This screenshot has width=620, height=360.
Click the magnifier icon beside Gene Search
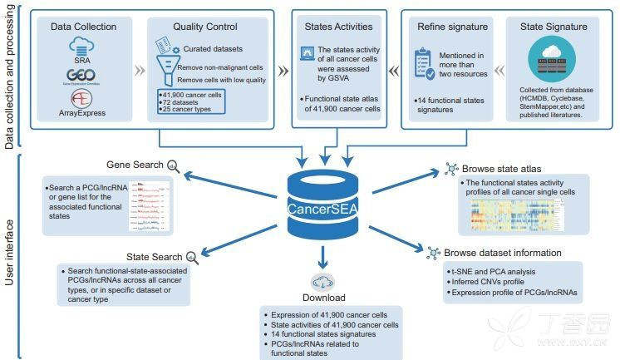(173, 165)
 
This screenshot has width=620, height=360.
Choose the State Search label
(154, 256)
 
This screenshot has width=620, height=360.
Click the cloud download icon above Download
(322, 281)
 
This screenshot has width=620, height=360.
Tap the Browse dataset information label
(502, 253)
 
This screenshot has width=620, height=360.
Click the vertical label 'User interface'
(11, 252)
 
